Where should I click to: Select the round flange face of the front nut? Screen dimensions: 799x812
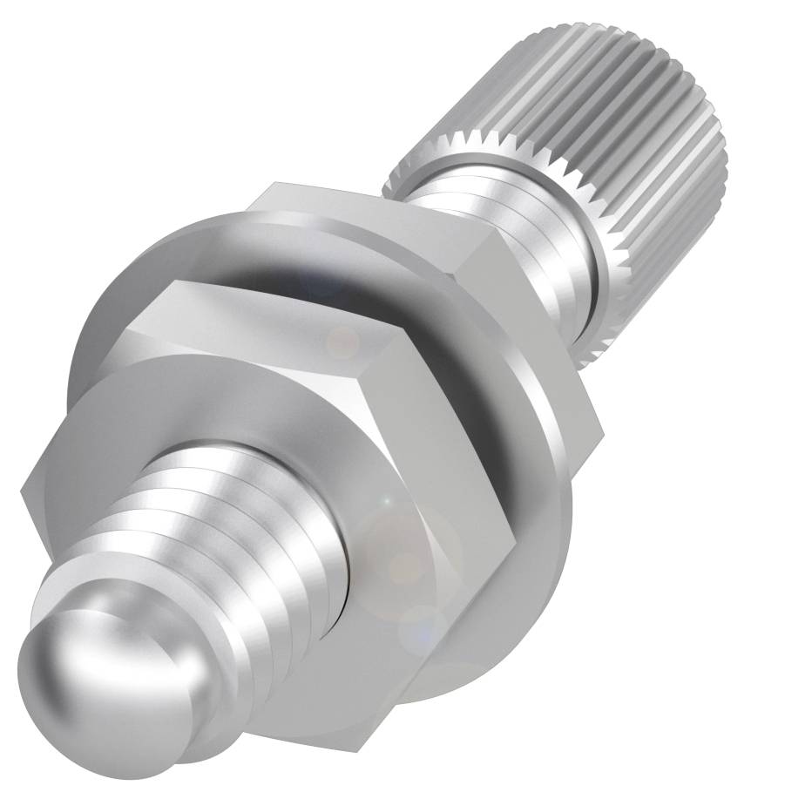point(174,410)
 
